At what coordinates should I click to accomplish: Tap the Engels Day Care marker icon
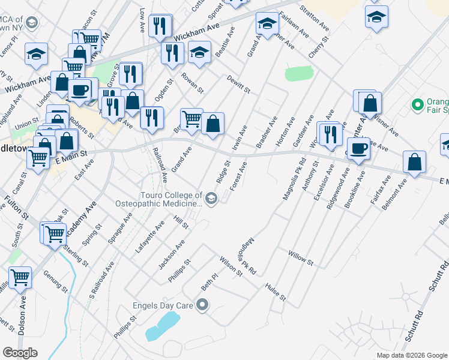(202, 306)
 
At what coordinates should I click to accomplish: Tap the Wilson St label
(231, 266)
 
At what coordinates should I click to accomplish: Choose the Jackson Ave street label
(172, 255)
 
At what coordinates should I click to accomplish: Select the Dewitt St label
(238, 83)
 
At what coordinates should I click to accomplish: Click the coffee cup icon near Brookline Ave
(358, 149)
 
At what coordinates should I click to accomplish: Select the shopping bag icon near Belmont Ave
(415, 162)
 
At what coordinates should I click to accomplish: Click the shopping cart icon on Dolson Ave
(20, 278)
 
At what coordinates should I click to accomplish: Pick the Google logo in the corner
(20, 353)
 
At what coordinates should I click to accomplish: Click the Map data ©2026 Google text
(411, 355)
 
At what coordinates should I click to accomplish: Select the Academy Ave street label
(85, 218)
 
